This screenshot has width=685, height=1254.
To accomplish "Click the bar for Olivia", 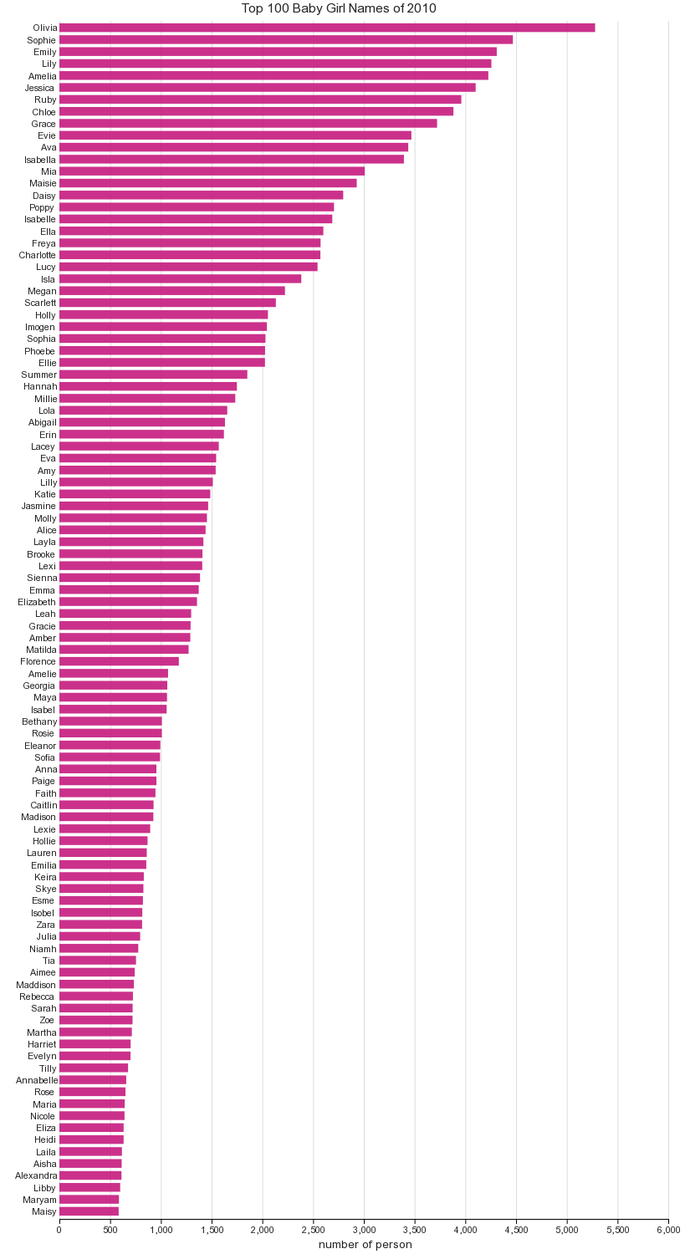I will (x=326, y=28).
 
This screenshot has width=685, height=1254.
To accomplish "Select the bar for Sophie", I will (x=285, y=39).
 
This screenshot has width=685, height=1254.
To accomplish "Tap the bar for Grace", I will (x=248, y=124).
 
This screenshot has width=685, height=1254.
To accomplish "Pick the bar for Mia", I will (x=212, y=171).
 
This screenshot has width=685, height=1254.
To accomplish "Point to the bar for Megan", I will (x=171, y=291).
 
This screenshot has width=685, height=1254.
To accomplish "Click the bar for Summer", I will (x=153, y=375).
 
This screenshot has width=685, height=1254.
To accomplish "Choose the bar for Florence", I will (x=119, y=661).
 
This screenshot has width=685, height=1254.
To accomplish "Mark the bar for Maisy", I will (x=89, y=1211).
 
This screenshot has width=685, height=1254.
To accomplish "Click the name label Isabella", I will (x=40, y=160).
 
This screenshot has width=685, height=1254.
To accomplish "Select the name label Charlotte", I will (x=38, y=255).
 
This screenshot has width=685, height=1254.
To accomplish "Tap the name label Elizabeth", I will (x=37, y=602).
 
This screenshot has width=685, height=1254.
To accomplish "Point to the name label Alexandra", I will (x=36, y=1175).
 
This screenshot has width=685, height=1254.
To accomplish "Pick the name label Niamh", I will (x=43, y=949).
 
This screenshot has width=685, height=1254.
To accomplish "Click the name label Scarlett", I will (x=40, y=303).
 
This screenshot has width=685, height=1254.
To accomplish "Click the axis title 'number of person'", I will (x=365, y=1244).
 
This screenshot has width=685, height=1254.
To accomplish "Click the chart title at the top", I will (x=339, y=8).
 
